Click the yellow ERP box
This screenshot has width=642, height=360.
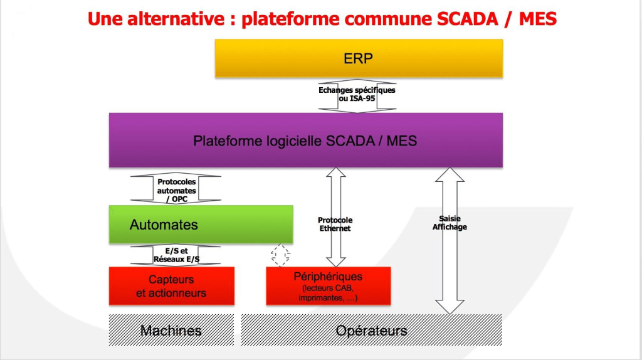359,58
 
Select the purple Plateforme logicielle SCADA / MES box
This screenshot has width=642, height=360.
305,140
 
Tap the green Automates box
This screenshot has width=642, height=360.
201,224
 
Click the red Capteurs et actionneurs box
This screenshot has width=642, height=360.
171,286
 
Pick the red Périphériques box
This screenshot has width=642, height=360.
328,287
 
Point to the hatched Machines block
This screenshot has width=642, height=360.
171,330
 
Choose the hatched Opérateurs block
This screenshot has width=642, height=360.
371,330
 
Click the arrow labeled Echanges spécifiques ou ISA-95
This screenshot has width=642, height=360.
357,95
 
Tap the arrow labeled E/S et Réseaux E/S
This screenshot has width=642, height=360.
176,255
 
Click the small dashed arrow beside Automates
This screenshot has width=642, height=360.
280,254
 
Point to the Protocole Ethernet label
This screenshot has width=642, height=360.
335,225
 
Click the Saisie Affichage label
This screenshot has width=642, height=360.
450,223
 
